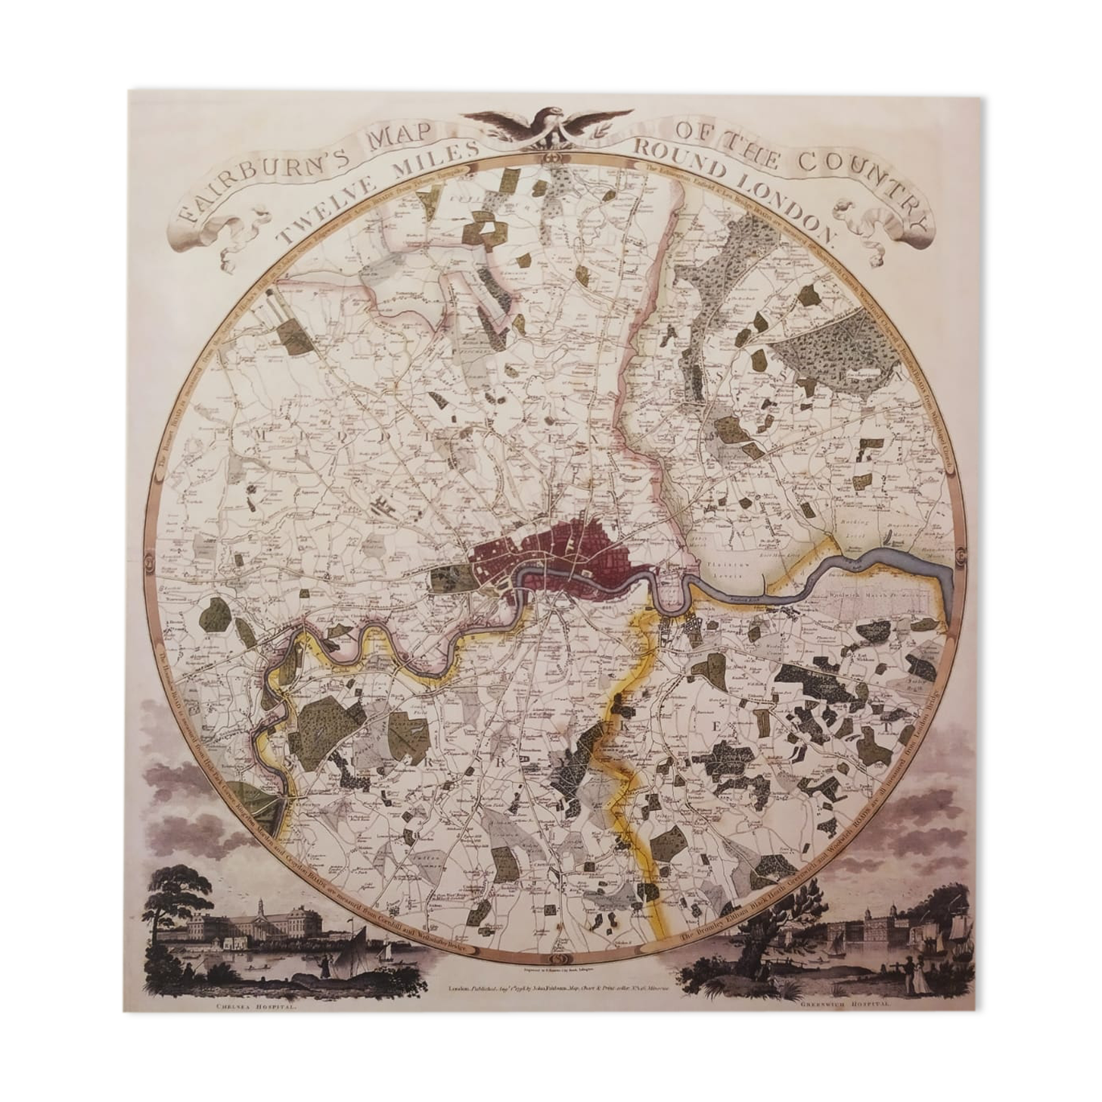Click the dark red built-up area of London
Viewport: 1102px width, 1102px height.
(560, 552)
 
